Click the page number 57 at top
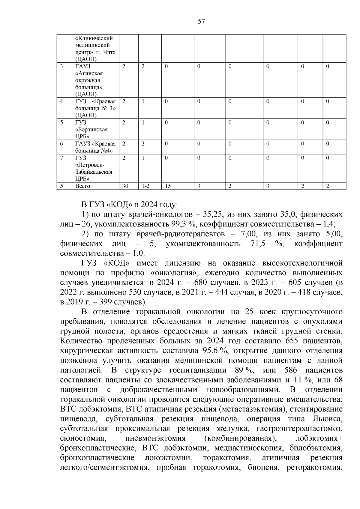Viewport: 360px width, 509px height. (201, 21)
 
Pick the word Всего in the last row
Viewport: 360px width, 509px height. (82, 186)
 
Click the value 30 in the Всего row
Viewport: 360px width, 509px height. (125, 186)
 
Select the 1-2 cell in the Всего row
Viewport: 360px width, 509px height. (145, 186)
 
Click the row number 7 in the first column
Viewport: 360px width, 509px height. (61, 158)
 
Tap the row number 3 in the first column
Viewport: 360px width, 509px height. (61, 66)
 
